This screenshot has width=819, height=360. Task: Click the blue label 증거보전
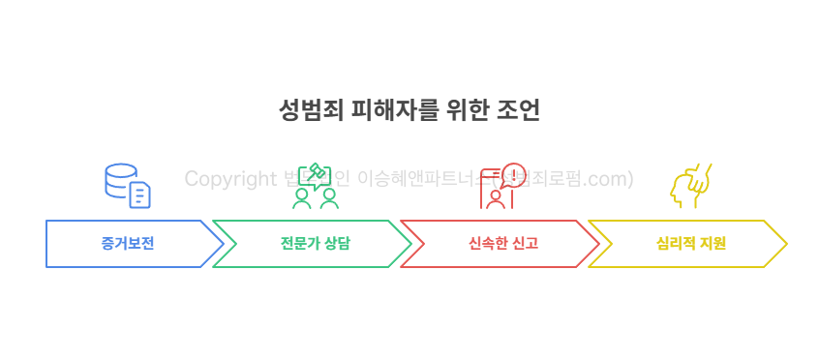127,244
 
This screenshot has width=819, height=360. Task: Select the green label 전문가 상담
315,244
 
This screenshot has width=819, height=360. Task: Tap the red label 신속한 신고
502,244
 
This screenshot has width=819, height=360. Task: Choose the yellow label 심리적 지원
690,244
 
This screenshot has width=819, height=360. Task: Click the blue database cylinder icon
120,179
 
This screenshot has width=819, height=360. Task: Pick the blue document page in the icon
140,195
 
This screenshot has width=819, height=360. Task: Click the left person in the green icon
302,198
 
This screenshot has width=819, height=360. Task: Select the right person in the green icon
329,198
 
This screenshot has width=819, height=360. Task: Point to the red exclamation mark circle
514,174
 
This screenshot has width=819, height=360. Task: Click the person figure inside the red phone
497,198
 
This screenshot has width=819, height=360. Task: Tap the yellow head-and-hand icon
690,186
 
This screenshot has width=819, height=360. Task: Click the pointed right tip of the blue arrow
222,244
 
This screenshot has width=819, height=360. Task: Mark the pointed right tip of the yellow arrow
785,244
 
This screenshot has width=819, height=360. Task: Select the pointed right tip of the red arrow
597,244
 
